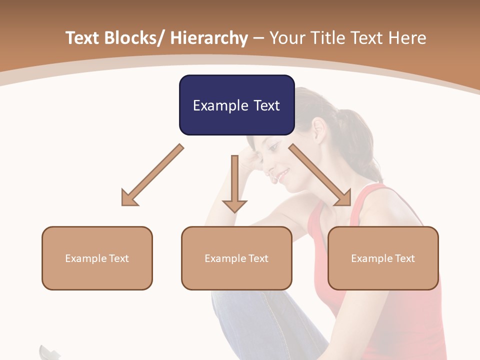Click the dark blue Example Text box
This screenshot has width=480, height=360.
236,105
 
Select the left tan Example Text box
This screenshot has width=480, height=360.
97,258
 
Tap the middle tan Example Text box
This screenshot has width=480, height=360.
236,258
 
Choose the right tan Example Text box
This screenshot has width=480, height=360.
383,258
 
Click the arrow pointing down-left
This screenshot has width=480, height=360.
152,175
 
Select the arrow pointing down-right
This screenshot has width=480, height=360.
320,175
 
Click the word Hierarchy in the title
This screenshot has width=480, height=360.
209,38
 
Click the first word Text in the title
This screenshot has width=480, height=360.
83,38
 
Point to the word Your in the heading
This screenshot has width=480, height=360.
286,38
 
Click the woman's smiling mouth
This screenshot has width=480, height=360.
283,175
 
